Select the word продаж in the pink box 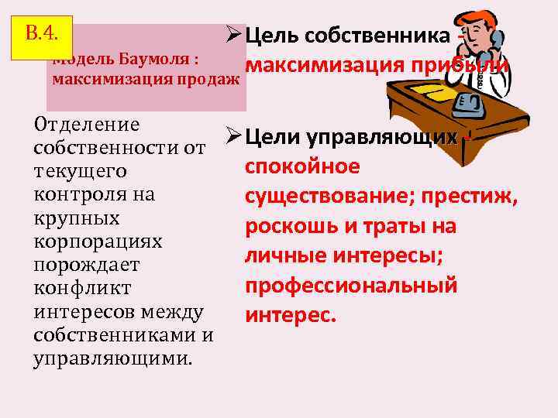tap(210, 79)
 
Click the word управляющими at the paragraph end tap(114, 358)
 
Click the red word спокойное tap(302, 166)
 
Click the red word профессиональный tap(350, 286)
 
